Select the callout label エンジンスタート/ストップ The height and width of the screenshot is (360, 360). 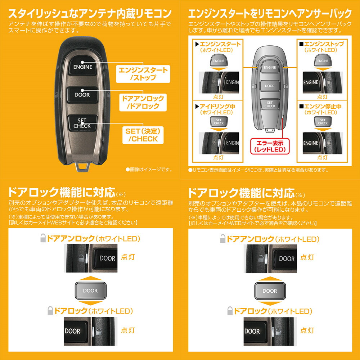[x=143, y=73]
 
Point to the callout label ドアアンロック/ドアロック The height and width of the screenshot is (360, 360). [x=143, y=102]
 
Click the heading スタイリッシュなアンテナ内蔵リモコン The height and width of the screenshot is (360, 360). [x=90, y=14]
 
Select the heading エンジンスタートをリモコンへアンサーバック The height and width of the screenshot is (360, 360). [x=270, y=14]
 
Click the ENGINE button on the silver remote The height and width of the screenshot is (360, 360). [x=270, y=67]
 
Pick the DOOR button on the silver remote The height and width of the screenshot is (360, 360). [x=270, y=86]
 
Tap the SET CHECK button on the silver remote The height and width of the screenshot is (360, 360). [x=270, y=104]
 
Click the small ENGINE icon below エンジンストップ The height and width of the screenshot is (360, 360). [x=323, y=60]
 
